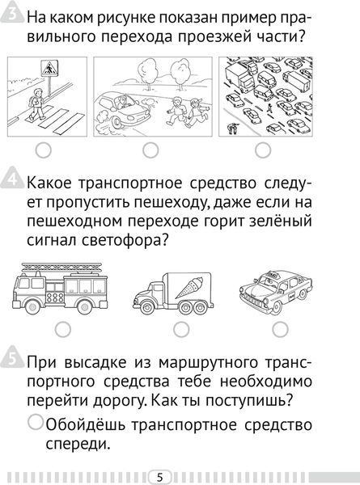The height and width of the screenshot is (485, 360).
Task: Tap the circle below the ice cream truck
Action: [181, 328]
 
